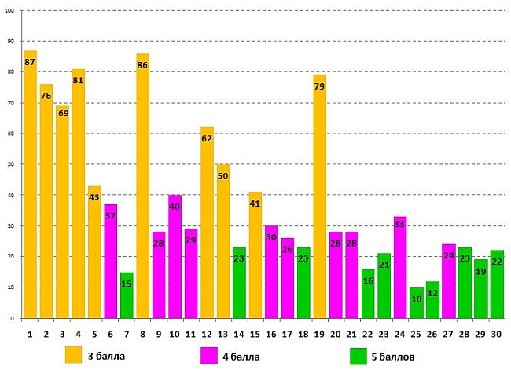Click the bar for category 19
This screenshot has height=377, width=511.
(x=320, y=196)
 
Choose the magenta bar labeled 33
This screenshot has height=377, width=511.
(x=399, y=268)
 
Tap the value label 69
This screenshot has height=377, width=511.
(x=62, y=113)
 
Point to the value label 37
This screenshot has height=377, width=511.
(x=110, y=217)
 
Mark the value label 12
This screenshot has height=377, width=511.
(x=432, y=293)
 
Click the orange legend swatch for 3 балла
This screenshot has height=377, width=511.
(x=74, y=355)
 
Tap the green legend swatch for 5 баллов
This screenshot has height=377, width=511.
(x=358, y=355)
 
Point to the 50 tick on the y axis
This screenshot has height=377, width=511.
(x=11, y=164)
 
